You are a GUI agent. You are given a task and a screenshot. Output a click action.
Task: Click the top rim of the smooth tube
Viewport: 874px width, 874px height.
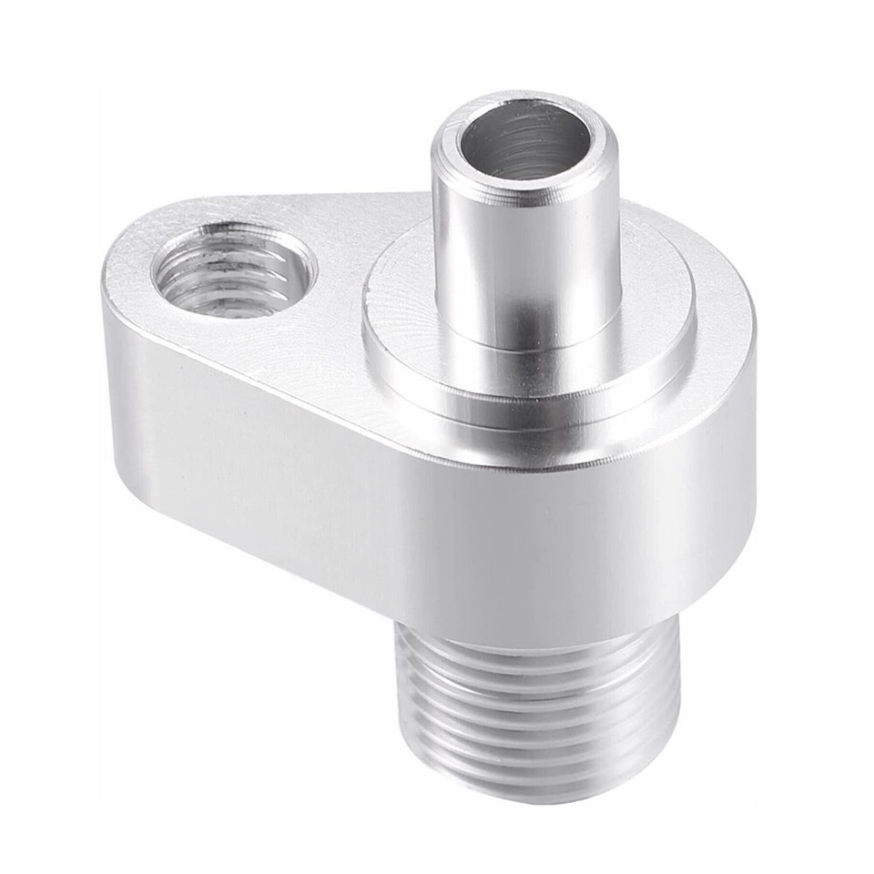coord(447,137)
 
